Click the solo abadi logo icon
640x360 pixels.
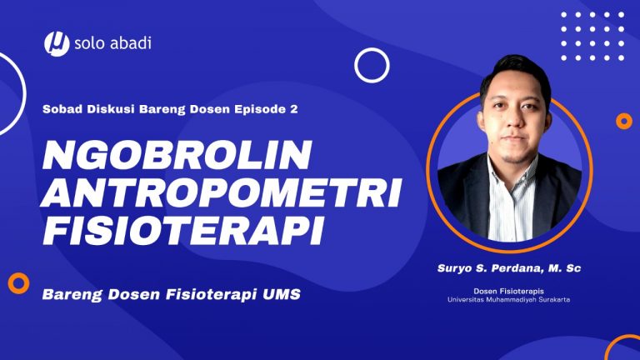click(x=57, y=43)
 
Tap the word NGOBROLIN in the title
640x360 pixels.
click(x=177, y=155)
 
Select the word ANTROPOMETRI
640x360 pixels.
click(x=221, y=192)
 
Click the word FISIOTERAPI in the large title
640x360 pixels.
click(x=182, y=229)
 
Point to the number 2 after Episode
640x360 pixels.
click(x=294, y=109)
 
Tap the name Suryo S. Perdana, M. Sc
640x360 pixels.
click(x=509, y=268)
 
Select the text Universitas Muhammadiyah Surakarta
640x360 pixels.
click(x=509, y=300)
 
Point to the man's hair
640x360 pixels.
click(x=515, y=72)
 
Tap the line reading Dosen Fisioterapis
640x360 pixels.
click(x=508, y=291)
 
